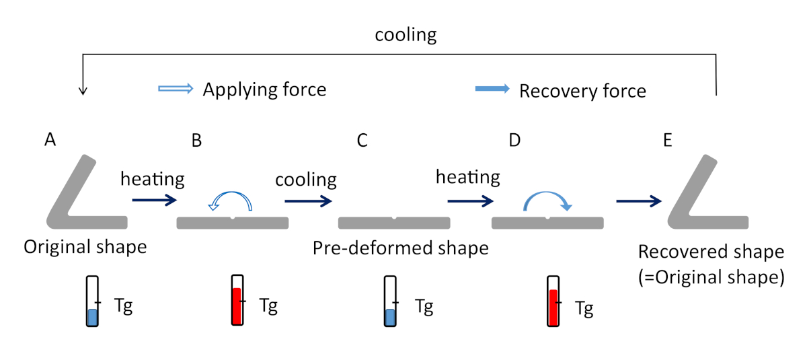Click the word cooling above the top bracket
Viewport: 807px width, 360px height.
tap(406, 36)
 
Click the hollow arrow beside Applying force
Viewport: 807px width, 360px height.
tap(175, 88)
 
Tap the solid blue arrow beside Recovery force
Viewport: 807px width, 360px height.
tap(492, 89)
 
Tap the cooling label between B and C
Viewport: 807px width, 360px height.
tap(305, 180)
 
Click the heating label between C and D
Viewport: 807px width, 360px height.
tap(468, 177)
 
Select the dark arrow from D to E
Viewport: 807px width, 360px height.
tap(638, 201)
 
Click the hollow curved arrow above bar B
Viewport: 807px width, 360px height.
tap(232, 201)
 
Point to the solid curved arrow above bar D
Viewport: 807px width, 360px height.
tap(548, 199)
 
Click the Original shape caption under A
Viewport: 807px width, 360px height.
tap(85, 246)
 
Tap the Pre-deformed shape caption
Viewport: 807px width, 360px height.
tap(400, 248)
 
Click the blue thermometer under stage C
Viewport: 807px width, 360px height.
tap(390, 301)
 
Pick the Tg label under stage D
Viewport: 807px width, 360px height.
tap(584, 309)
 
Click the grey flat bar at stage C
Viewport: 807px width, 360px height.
tap(394, 223)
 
